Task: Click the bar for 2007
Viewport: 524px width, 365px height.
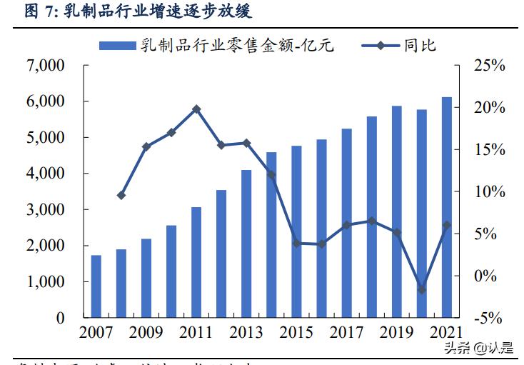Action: click(x=96, y=286)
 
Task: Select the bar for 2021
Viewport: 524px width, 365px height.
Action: click(x=446, y=207)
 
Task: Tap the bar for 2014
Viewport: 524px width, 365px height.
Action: click(x=271, y=235)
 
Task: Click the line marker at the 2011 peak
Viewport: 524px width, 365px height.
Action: click(x=196, y=109)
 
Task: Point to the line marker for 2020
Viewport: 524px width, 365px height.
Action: click(x=421, y=289)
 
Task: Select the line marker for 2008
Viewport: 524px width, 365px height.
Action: click(x=121, y=195)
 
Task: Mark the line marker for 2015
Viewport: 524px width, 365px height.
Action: click(x=296, y=243)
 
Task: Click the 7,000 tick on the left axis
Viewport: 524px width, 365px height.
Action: click(x=45, y=66)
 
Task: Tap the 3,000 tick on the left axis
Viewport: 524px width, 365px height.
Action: click(x=45, y=210)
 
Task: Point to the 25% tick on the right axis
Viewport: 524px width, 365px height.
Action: click(x=489, y=66)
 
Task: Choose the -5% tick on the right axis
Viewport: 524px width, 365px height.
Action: click(x=489, y=318)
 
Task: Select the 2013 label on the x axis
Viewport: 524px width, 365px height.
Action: click(x=246, y=332)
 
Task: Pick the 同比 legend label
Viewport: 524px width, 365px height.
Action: click(x=420, y=46)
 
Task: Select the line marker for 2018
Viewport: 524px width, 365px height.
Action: click(x=371, y=221)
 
